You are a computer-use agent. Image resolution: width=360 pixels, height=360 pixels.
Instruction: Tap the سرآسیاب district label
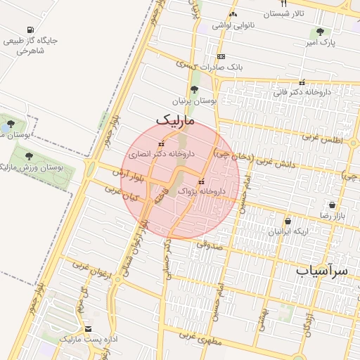coord(323,269)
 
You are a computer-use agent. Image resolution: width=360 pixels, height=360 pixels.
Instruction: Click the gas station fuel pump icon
coord(30,30)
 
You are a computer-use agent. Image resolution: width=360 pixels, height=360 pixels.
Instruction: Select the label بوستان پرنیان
coord(194,101)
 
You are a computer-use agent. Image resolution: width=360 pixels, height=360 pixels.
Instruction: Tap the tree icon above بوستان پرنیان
coord(194,89)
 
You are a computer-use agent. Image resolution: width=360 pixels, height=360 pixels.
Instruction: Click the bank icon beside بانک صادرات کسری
coord(221,56)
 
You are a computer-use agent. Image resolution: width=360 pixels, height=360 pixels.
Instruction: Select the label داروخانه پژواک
coord(202,191)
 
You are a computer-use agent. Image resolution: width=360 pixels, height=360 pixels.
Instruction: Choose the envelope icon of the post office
coord(88,328)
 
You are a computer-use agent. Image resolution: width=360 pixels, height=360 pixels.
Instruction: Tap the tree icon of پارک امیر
coord(321,32)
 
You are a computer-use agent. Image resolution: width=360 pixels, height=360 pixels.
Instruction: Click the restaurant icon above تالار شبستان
coord(283,4)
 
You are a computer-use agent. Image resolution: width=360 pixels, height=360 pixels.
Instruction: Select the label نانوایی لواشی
coord(233,25)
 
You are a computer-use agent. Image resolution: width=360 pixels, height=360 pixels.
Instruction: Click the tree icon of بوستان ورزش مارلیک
coord(29,156)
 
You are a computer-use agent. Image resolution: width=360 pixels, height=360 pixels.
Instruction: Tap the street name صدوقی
coord(209,245)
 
